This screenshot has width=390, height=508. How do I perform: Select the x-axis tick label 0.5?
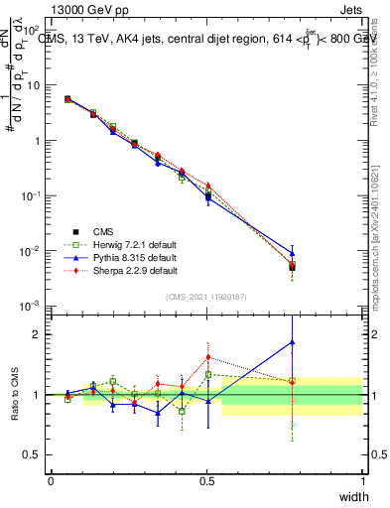(207, 481)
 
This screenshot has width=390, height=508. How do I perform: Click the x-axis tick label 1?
(362, 481)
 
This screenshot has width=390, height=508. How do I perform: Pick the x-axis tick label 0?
(52, 481)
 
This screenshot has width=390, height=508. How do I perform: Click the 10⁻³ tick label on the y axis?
(34, 307)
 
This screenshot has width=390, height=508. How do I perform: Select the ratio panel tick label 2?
(40, 334)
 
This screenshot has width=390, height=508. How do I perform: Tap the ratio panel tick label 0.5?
(36, 455)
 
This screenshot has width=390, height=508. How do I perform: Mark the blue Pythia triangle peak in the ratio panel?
(292, 342)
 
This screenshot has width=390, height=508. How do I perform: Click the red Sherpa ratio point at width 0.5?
(207, 357)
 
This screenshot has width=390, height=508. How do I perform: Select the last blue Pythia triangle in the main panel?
(292, 253)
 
